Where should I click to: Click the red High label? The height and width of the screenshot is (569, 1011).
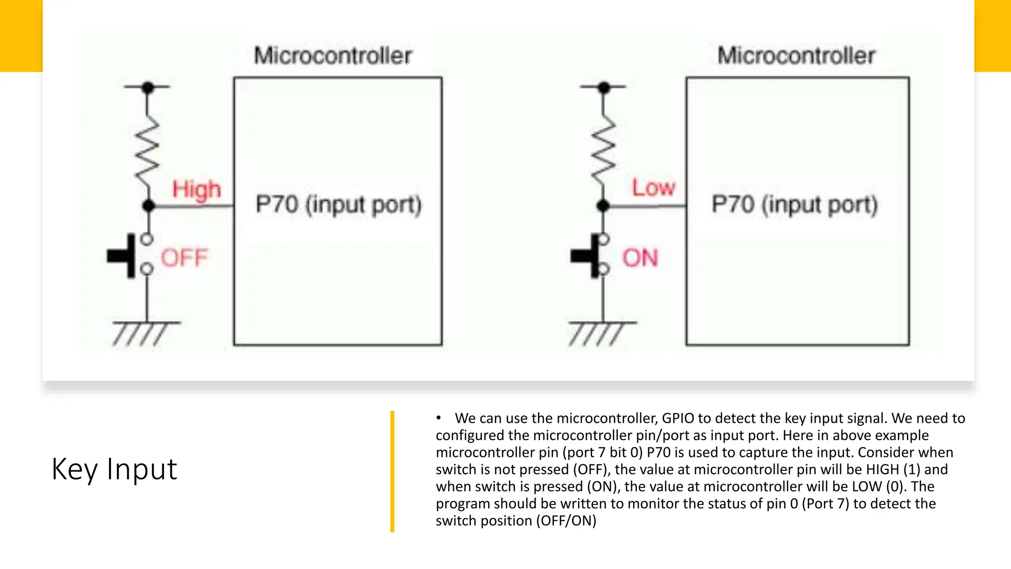tap(196, 190)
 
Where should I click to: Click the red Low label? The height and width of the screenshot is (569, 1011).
tap(653, 188)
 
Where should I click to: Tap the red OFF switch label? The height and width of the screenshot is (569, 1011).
tap(184, 258)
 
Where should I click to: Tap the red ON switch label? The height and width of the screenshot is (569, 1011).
tap(640, 258)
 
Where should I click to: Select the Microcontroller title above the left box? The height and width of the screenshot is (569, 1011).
tap(333, 55)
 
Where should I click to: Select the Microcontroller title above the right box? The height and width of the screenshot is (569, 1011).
tap(796, 55)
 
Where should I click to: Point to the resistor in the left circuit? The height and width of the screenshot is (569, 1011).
tap(148, 148)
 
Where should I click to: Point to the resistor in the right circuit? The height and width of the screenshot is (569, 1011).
tap(603, 148)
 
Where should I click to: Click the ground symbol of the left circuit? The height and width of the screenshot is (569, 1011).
tap(145, 332)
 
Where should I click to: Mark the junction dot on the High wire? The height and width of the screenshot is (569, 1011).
tap(148, 206)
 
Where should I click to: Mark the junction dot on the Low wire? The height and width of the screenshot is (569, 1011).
tap(603, 206)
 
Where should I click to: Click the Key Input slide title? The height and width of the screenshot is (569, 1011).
tap(114, 469)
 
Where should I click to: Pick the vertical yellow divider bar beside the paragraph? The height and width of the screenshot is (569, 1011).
tap(392, 471)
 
